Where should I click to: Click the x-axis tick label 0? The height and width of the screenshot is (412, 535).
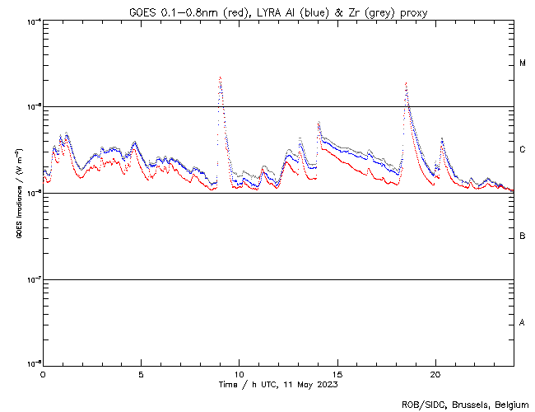tap(43, 373)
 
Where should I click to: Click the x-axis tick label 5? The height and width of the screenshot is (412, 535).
tap(141, 373)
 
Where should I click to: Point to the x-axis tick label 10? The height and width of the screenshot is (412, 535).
tap(240, 373)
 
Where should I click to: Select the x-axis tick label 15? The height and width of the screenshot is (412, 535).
tap(337, 373)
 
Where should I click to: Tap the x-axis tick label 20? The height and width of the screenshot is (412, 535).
tap(435, 373)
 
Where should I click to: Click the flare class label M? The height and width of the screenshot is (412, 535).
tap(523, 63)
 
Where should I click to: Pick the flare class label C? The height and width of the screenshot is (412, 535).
tap(523, 150)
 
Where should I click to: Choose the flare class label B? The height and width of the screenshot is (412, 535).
tap(523, 236)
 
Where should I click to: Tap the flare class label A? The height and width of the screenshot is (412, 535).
tap(523, 323)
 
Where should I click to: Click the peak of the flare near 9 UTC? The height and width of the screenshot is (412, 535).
tap(220, 77)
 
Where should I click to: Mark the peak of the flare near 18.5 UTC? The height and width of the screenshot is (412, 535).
tap(406, 83)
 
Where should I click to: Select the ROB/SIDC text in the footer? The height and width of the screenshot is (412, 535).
tap(421, 405)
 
